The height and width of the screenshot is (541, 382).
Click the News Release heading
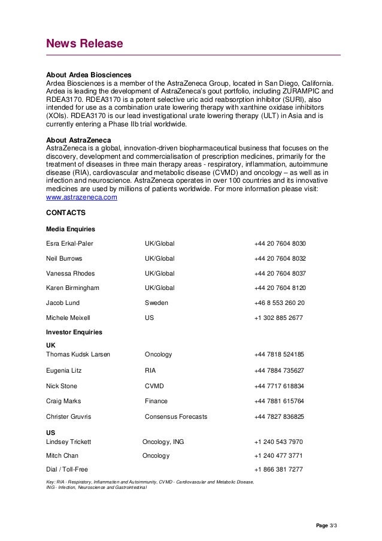(x=84, y=44)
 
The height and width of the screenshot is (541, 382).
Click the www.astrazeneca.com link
(x=81, y=197)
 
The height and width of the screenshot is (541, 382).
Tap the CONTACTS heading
(x=66, y=213)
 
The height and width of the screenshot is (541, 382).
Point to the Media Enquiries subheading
(x=70, y=229)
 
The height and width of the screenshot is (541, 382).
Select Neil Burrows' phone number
(x=280, y=259)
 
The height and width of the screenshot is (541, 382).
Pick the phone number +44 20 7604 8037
(x=280, y=273)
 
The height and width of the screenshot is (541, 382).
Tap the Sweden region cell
(x=156, y=303)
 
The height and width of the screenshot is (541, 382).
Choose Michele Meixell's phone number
(x=278, y=318)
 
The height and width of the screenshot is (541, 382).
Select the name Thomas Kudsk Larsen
(x=78, y=354)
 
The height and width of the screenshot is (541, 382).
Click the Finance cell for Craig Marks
(x=156, y=401)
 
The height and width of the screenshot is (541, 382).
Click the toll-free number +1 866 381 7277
(x=278, y=469)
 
